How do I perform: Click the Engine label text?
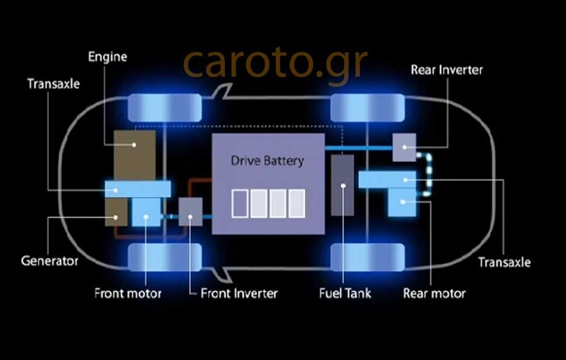pyautogui.click(x=107, y=57)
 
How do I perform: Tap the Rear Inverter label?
pyautogui.click(x=446, y=69)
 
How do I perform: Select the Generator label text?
pyautogui.click(x=49, y=261)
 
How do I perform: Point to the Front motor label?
pyautogui.click(x=128, y=293)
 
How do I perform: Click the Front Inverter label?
pyautogui.click(x=239, y=293)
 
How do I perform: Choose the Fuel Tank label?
pyautogui.click(x=345, y=293)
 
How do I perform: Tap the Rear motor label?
pyautogui.click(x=434, y=293)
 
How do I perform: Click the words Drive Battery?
pyautogui.click(x=267, y=161)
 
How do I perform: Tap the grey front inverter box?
pyautogui.click(x=190, y=211)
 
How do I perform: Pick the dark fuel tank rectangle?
pyautogui.click(x=343, y=185)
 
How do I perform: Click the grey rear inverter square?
pyautogui.click(x=405, y=147)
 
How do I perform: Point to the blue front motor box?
pyautogui.click(x=147, y=211)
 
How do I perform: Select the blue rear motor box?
pyautogui.click(x=403, y=203)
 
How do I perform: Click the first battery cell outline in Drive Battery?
pyautogui.click(x=241, y=203)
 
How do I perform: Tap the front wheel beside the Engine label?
pyautogui.click(x=163, y=106)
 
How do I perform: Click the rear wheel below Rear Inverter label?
pyautogui.click(x=367, y=106)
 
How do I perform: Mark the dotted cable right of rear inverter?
pyautogui.click(x=427, y=173)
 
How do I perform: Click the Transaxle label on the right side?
pyautogui.click(x=504, y=262)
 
